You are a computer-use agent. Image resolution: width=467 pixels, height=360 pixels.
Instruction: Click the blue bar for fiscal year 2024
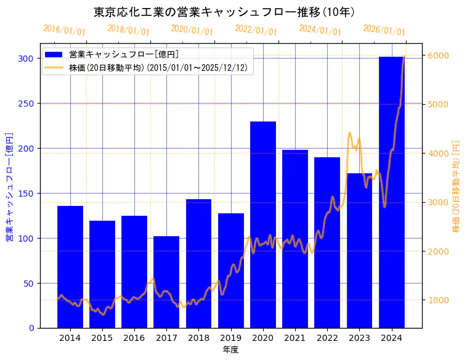pyautogui.click(x=392, y=192)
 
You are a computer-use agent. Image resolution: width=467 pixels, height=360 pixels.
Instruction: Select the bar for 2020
pyautogui.click(x=263, y=224)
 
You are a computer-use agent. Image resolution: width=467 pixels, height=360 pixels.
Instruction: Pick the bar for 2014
pyautogui.click(x=70, y=267)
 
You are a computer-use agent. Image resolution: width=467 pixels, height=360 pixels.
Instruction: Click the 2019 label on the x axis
pyautogui.click(x=231, y=338)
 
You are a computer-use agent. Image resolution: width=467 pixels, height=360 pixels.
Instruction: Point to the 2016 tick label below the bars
pyautogui.click(x=134, y=338)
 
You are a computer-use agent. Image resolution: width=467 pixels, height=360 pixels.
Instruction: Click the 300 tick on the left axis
pyautogui.click(x=26, y=59)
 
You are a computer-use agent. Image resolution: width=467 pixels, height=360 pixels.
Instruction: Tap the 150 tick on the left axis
pyautogui.click(x=26, y=194)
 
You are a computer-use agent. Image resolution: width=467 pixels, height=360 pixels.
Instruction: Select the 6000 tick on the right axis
pyautogui.click(x=438, y=55)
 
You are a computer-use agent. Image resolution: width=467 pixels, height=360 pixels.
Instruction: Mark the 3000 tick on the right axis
pyautogui.click(x=438, y=202)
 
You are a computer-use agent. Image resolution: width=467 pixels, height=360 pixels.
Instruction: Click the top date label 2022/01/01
pyautogui.click(x=256, y=30)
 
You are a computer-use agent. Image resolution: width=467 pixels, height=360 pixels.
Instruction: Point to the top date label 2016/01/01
pyautogui.click(x=65, y=30)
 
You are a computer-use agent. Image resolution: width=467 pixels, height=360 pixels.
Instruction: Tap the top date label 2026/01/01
pyautogui.click(x=384, y=30)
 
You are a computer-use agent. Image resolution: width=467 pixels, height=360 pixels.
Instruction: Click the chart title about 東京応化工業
pyautogui.click(x=224, y=12)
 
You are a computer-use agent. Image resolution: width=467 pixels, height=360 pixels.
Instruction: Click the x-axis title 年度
pyautogui.click(x=230, y=350)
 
